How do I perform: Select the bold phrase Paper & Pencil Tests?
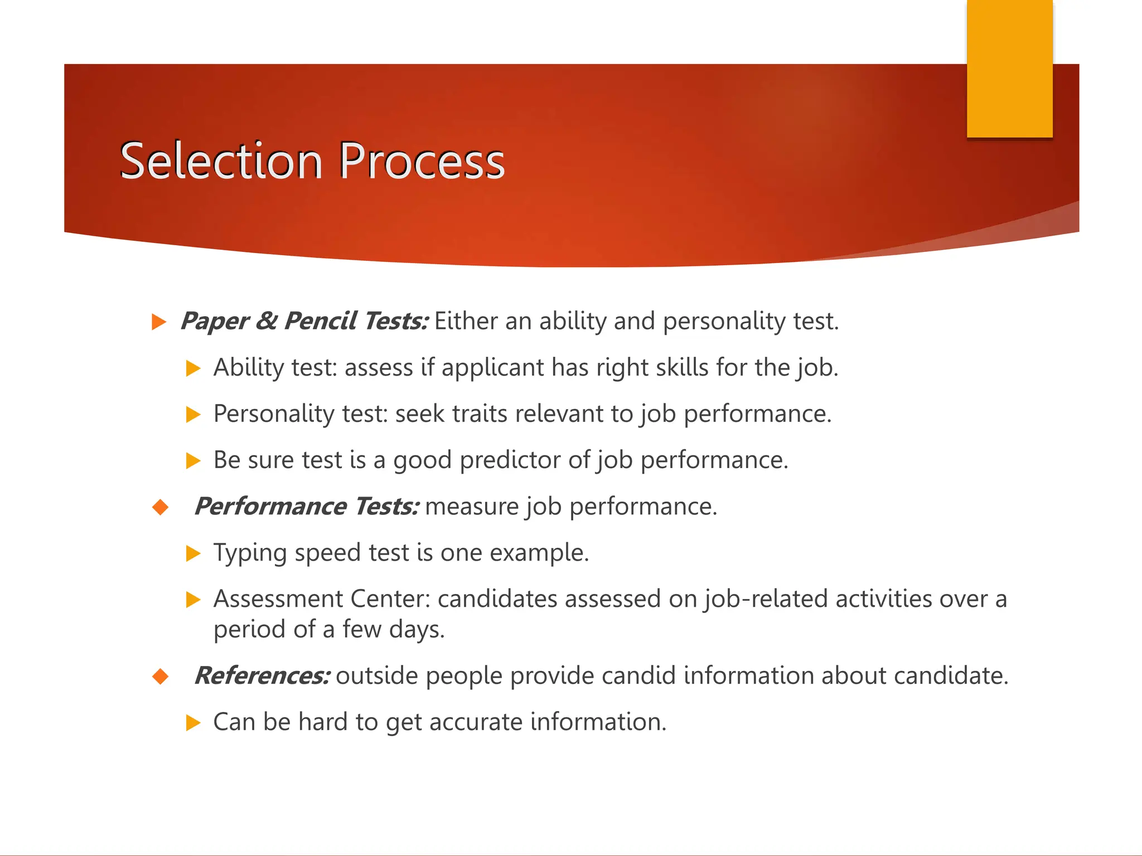coord(304,321)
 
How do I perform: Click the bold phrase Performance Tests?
coord(307,507)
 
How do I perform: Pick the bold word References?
coord(262,675)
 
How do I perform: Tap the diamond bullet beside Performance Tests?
coord(161,507)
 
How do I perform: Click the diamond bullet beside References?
coord(161,677)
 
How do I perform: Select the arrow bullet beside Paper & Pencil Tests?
coord(159,322)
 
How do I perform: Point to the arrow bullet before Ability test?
coord(193,368)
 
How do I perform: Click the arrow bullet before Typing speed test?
coord(193,553)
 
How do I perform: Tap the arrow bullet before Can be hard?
coord(193,723)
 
